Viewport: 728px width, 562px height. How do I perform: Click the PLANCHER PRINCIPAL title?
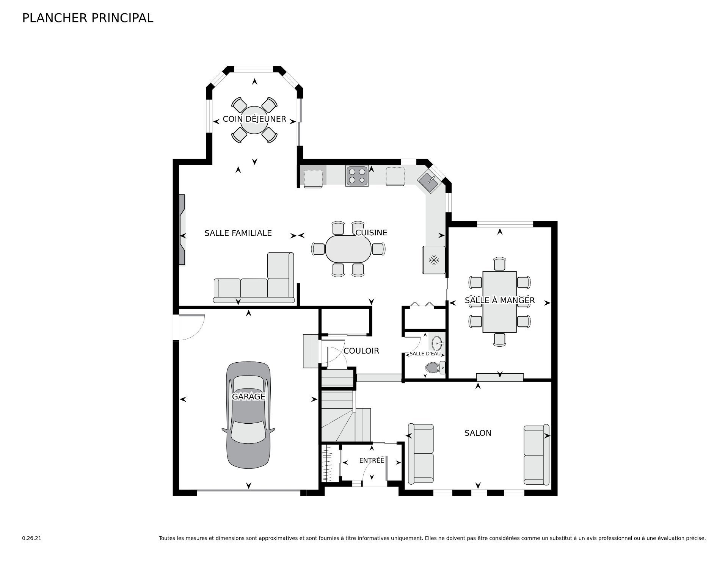tap(88, 18)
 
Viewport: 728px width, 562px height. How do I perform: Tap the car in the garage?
tap(248, 415)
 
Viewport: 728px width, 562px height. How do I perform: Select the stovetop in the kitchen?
tap(357, 176)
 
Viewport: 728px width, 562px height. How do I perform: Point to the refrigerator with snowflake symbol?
tap(434, 260)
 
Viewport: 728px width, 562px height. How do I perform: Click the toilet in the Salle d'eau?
tap(435, 367)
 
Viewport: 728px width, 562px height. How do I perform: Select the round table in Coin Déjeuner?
tap(254, 120)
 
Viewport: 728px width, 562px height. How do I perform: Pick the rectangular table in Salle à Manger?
tap(499, 302)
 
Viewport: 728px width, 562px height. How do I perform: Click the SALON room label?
tap(478, 433)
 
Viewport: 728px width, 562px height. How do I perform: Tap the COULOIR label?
tap(361, 351)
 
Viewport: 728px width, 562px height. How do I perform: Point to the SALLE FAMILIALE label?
tap(238, 233)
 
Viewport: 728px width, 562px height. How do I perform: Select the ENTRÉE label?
tap(372, 460)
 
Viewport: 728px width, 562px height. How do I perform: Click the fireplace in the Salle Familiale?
tap(182, 230)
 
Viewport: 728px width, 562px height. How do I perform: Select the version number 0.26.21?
tap(31, 538)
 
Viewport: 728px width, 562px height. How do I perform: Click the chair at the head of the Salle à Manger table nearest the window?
tap(500, 263)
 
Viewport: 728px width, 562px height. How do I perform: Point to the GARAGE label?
tap(248, 397)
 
